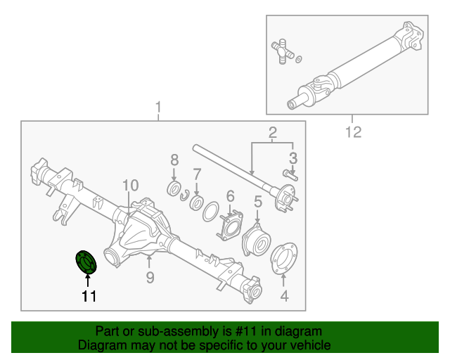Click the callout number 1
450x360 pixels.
[158, 108]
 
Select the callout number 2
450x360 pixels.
[272, 132]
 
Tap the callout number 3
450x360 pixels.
[293, 157]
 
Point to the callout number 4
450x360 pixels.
[284, 296]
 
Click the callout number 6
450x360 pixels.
[230, 195]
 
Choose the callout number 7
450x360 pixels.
[198, 173]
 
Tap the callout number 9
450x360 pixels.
[150, 278]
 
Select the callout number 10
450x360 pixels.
[130, 186]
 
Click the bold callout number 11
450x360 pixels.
[88, 296]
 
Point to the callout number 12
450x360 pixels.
[352, 131]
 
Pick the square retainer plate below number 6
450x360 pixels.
[230, 226]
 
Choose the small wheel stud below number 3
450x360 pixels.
[289, 173]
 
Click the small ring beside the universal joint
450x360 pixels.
[300, 59]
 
